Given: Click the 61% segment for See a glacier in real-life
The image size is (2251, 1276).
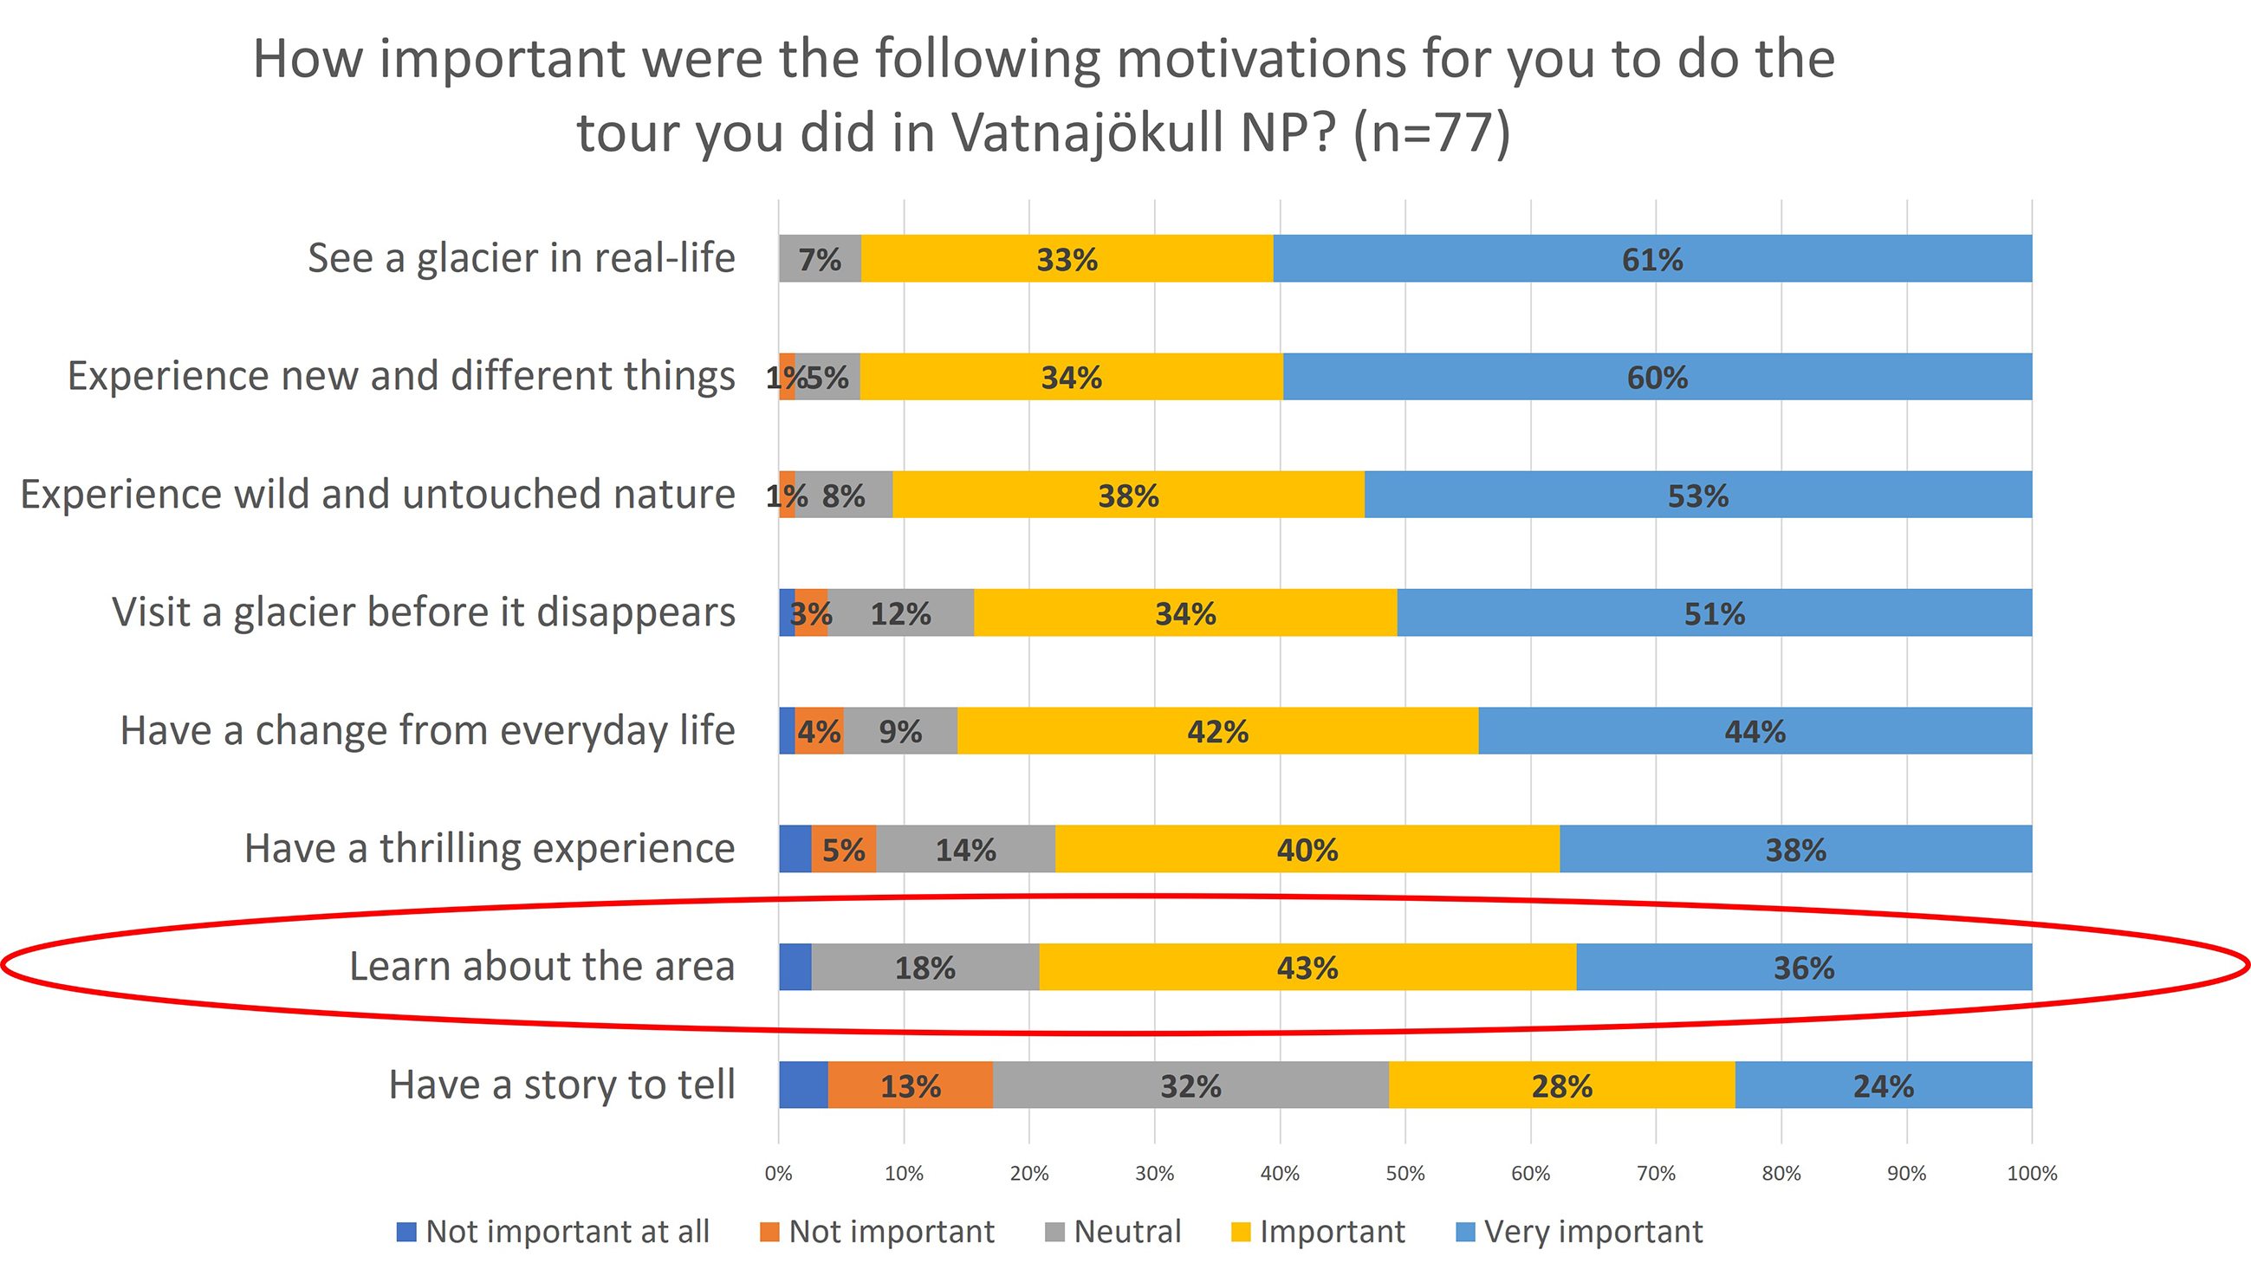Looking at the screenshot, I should point(1651,258).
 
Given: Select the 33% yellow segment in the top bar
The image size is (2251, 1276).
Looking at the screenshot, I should point(1067,258).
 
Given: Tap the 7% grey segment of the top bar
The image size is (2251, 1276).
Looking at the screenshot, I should point(820,258).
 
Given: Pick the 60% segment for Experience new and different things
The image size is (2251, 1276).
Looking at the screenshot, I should point(1657,377).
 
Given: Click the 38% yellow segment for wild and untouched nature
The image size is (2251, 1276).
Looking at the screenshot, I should point(1128,496).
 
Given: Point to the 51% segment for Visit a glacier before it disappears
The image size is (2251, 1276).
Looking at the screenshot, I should point(1714,612).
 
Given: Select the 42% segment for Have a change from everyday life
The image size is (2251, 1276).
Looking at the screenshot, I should point(1217,731).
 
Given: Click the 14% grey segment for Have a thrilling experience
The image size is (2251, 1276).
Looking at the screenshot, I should point(965,849).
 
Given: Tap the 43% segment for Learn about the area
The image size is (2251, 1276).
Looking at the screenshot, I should point(1307,968).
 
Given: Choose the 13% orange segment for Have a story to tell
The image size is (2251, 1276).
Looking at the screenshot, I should point(910,1085).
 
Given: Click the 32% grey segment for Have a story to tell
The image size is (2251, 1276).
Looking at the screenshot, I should point(1190,1085).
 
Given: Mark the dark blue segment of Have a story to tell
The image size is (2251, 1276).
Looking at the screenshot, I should point(803,1085).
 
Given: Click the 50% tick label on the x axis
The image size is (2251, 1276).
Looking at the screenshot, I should point(1405,1174).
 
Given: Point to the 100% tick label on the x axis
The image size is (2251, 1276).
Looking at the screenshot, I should point(2031,1174).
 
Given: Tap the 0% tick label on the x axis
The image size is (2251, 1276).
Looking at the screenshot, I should point(778,1174).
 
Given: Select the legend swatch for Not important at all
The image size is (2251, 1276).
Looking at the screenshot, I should point(405,1232).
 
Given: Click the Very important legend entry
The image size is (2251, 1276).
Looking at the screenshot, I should point(1592,1232).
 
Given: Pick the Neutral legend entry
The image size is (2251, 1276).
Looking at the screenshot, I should point(1126,1232).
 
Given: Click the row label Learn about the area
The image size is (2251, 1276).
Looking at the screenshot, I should point(542,967).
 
